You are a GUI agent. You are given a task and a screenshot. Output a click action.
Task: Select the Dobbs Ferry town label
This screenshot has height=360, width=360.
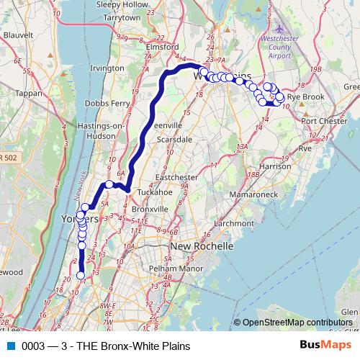click(107, 104)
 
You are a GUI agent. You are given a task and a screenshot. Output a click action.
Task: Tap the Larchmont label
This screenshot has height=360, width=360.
click(215, 223)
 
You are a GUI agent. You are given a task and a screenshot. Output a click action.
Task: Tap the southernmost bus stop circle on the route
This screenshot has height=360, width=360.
click(80, 275)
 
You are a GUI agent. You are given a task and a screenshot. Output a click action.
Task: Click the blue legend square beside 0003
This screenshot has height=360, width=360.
click(11, 346)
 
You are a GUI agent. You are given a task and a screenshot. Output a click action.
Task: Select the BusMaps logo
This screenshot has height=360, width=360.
click(325, 346)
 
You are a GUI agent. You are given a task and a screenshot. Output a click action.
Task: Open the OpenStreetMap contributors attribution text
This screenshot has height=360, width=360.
click(297, 323)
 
